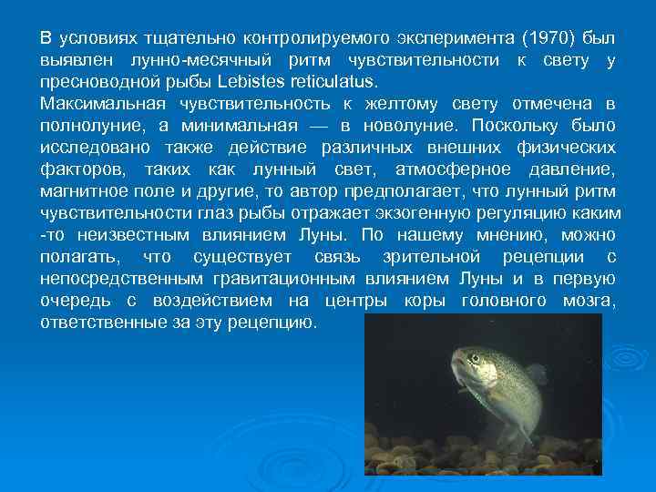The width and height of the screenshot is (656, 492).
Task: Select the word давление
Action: tap(571, 169)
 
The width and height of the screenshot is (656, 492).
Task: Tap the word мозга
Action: tap(589, 300)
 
